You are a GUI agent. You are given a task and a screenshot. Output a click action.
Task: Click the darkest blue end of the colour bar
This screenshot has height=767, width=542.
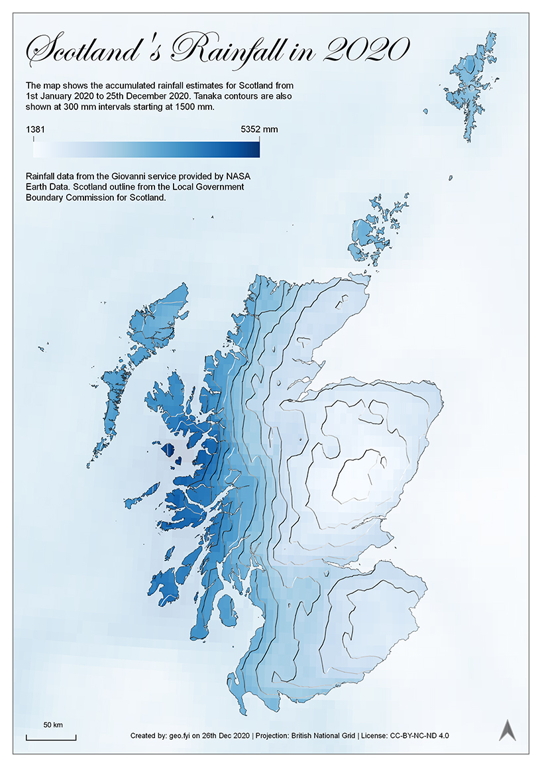pos(255,150)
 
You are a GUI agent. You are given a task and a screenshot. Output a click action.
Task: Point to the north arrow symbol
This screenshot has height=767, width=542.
pos(508,730)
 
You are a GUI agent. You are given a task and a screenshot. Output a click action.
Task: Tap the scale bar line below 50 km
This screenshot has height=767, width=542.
pos(51,738)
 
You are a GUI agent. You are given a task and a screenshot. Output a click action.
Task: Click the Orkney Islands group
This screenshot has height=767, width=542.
pos(371,232)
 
